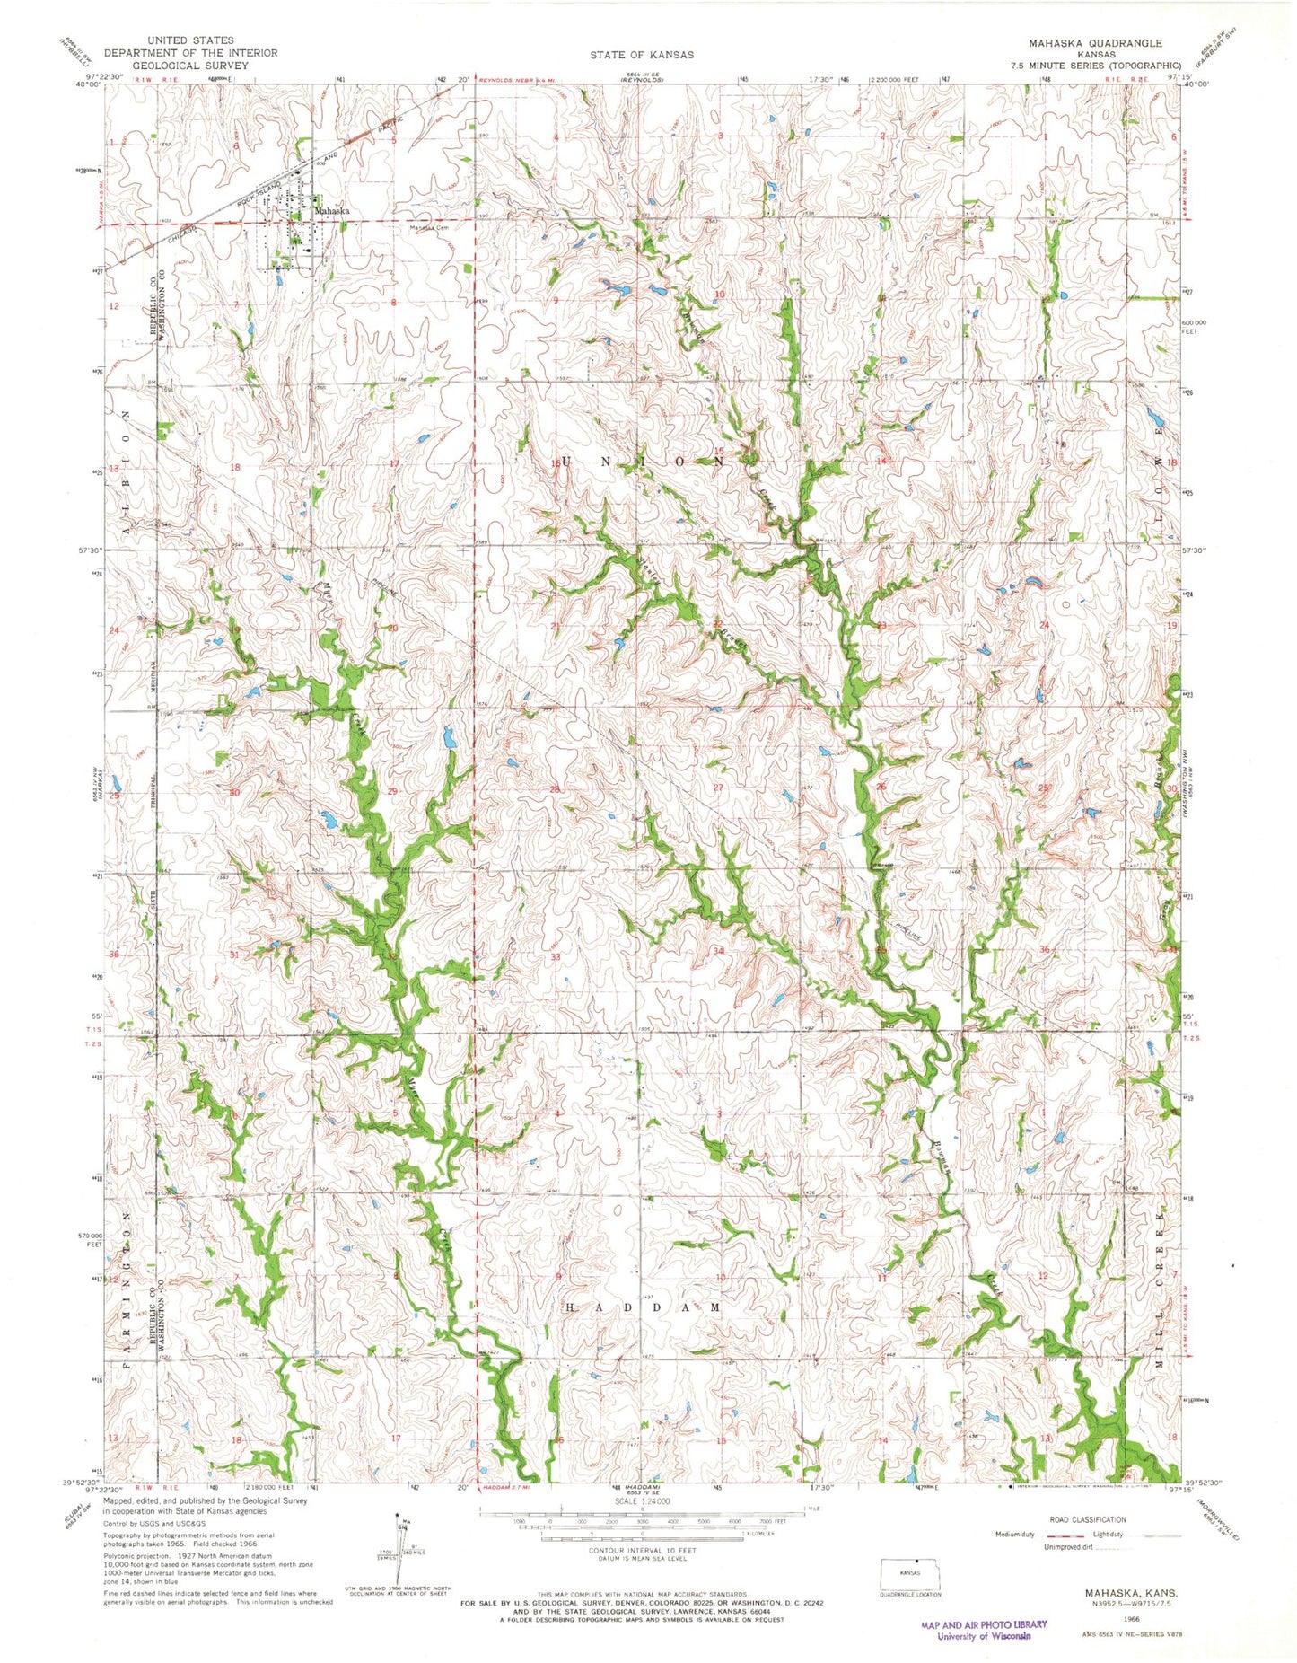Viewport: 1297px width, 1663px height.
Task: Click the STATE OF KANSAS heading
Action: pos(641,55)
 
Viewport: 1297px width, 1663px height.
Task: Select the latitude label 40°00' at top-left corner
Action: pos(89,85)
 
